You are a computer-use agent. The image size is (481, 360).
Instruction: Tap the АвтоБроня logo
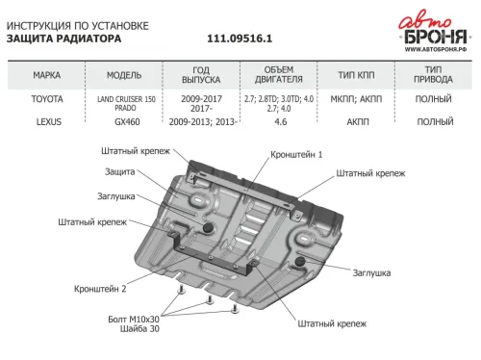[x=434, y=28]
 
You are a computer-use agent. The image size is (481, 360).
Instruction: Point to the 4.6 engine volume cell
[x=280, y=123]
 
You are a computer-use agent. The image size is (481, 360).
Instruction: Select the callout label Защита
[x=119, y=171]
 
